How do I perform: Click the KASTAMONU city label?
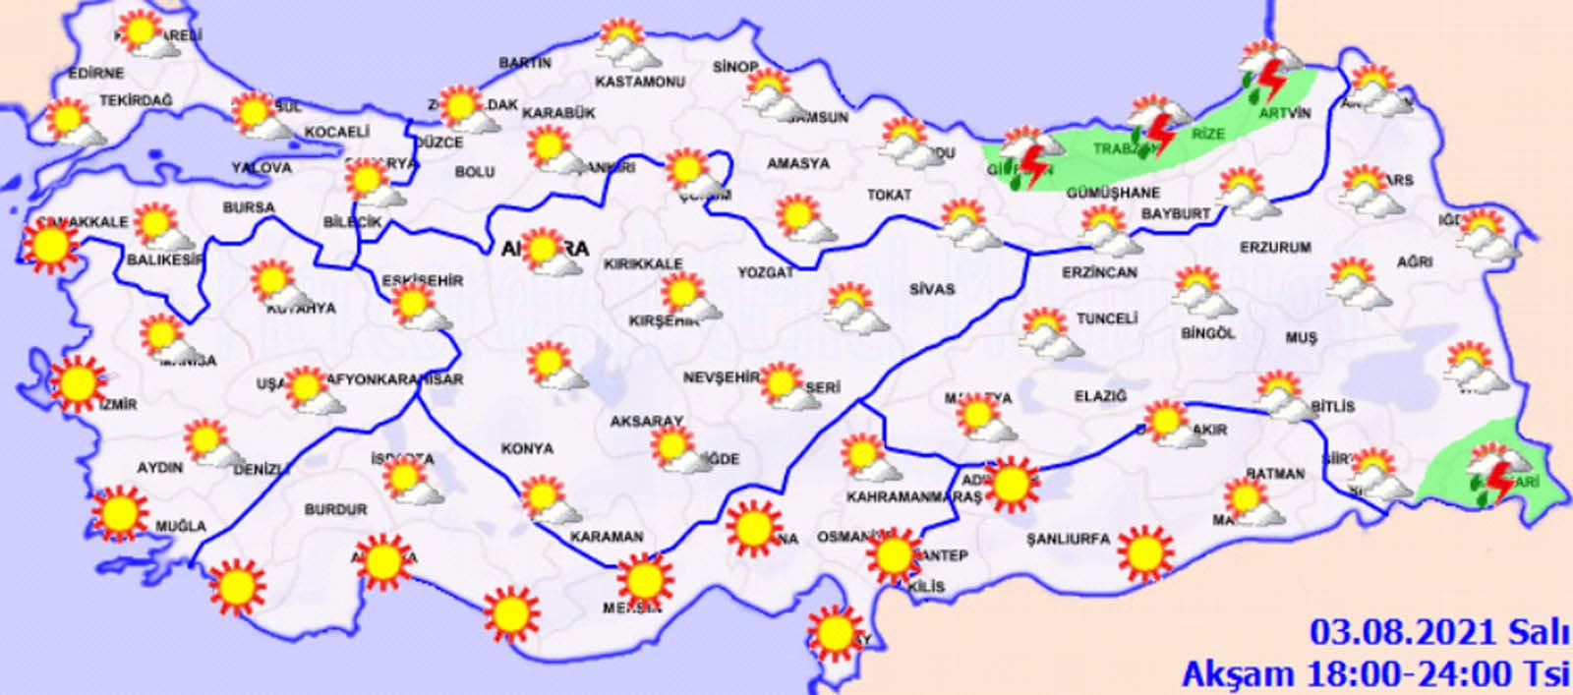point(640,82)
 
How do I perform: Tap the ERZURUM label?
point(1275,248)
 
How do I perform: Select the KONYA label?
point(527,448)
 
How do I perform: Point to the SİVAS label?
point(931,289)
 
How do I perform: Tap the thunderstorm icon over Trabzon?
point(1155,129)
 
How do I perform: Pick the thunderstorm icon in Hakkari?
point(1496,476)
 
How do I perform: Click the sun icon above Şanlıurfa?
point(1143,552)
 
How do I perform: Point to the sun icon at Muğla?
point(120,512)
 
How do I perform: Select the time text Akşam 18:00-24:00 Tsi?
point(1376,672)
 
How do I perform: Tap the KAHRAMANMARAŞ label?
point(914,497)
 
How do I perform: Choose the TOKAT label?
point(889,196)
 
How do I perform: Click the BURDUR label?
point(335,509)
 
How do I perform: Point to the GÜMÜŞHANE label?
point(1113,194)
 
